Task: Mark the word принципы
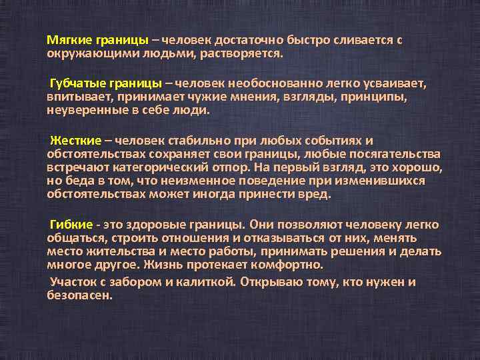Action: tap(373, 97)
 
